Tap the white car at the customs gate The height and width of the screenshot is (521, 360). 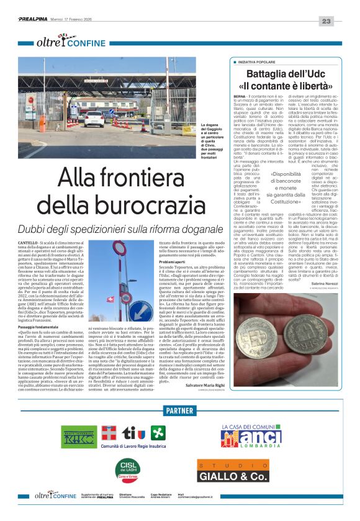coord(94,117)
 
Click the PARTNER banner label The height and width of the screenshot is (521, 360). coord(179,411)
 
